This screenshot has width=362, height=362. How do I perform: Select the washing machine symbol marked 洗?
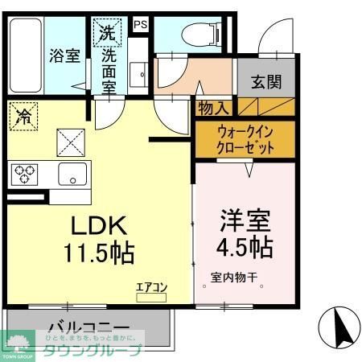coord(107,34)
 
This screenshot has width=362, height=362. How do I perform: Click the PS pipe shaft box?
coord(141,23)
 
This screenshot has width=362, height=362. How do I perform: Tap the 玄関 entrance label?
coord(265,80)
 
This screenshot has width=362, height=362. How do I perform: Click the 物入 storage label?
coord(213,107)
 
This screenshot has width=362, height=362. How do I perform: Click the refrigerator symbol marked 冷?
coord(23,117)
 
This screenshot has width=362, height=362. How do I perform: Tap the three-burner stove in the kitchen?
coord(24,172)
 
